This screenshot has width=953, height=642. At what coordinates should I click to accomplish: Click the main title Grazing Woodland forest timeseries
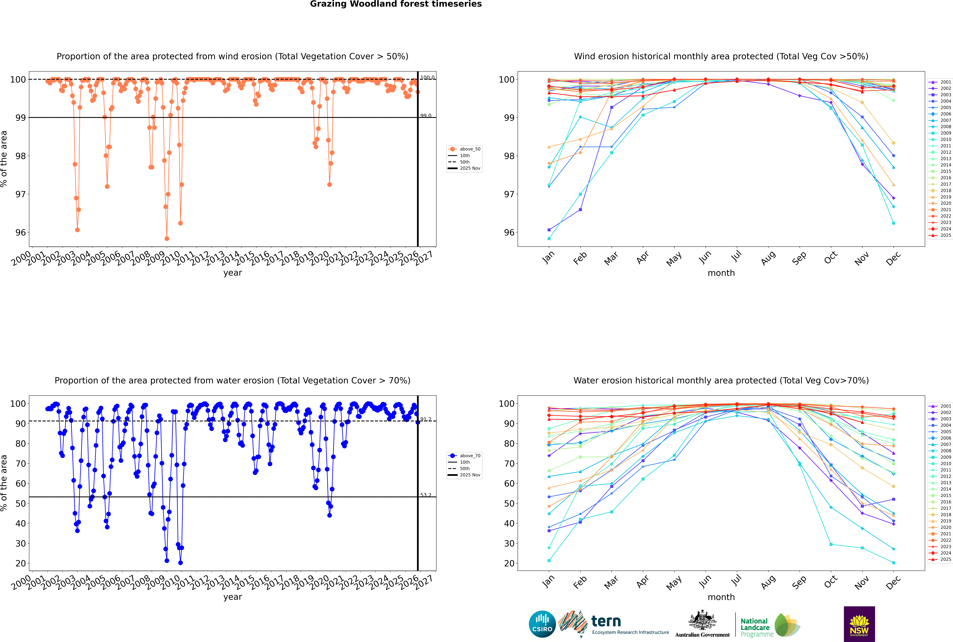(x=396, y=4)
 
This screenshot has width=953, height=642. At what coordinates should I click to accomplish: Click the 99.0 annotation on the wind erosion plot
(x=426, y=116)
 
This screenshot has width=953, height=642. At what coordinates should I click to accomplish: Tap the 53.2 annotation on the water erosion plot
(x=426, y=495)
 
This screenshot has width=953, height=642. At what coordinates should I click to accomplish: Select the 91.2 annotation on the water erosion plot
(x=426, y=419)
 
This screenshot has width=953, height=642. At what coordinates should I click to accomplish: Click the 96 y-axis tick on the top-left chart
(x=20, y=233)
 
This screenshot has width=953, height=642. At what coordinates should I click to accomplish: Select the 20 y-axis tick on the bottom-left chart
(x=20, y=563)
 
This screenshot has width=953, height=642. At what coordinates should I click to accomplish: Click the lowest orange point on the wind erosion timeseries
(x=167, y=239)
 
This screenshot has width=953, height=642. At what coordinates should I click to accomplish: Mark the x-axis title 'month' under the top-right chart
(x=721, y=273)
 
